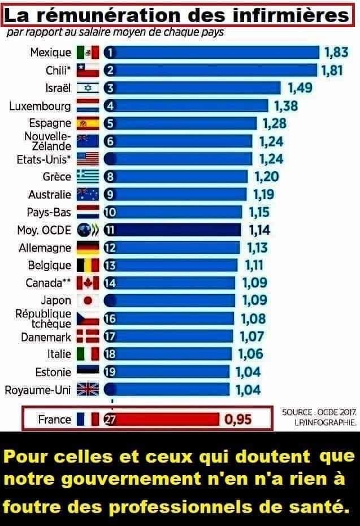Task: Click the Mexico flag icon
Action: [x=88, y=53]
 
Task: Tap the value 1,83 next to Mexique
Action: [x=336, y=53]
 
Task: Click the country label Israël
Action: [x=58, y=88]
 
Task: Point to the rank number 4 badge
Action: [x=111, y=106]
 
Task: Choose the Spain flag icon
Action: [x=88, y=123]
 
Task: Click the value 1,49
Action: [x=300, y=88]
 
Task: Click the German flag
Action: [x=88, y=248]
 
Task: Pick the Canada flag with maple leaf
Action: [x=88, y=283]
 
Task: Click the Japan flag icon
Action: [x=88, y=300]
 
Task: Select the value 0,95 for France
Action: [x=237, y=419]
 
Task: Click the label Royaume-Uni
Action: [x=38, y=390]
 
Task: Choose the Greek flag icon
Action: [x=88, y=176]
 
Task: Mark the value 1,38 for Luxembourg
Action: [x=286, y=106]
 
